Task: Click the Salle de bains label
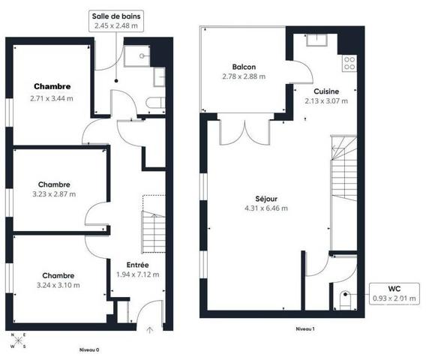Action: [x=116, y=16]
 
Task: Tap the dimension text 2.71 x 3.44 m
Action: [x=52, y=98]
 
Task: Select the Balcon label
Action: [x=244, y=67]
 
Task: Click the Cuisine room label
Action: [x=326, y=91]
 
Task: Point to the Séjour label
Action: [x=266, y=199]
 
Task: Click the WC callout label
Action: [x=394, y=289]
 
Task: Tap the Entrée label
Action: [x=137, y=265]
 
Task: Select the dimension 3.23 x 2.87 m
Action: [x=54, y=194]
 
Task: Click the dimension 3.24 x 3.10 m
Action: [x=58, y=285]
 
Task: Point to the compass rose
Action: [x=18, y=340]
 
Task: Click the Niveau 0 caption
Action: [x=89, y=350]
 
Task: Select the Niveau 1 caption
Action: [x=305, y=329]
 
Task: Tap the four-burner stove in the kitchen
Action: [x=349, y=63]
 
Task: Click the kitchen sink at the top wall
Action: [x=316, y=40]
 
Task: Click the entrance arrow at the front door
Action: [x=149, y=330]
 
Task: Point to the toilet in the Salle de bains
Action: [x=155, y=103]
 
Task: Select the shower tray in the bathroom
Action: [x=137, y=56]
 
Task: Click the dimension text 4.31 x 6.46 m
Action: [x=266, y=208]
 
